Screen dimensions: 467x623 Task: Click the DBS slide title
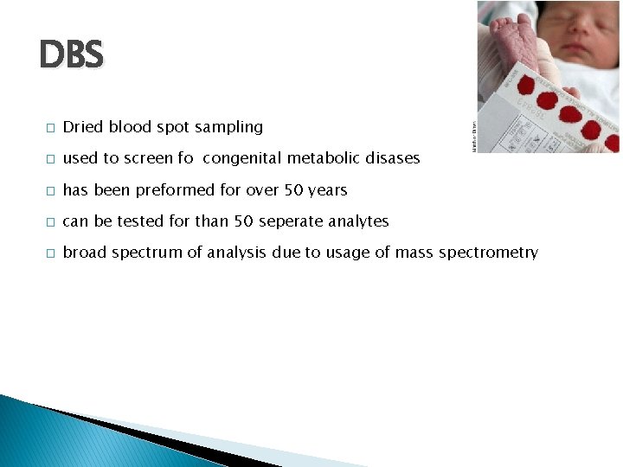pyautogui.click(x=71, y=56)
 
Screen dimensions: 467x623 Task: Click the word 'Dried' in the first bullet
pyautogui.click(x=82, y=127)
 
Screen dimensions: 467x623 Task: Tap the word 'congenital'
pyautogui.click(x=247, y=158)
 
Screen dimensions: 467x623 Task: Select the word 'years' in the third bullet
pyautogui.click(x=327, y=190)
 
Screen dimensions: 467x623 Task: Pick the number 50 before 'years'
pyautogui.click(x=293, y=190)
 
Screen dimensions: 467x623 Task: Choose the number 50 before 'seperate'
pyautogui.click(x=244, y=221)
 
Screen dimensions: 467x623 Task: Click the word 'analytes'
pyautogui.click(x=357, y=221)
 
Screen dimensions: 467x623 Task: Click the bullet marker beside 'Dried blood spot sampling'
pyautogui.click(x=50, y=128)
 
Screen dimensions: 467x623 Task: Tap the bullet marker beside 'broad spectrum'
pyautogui.click(x=50, y=253)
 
